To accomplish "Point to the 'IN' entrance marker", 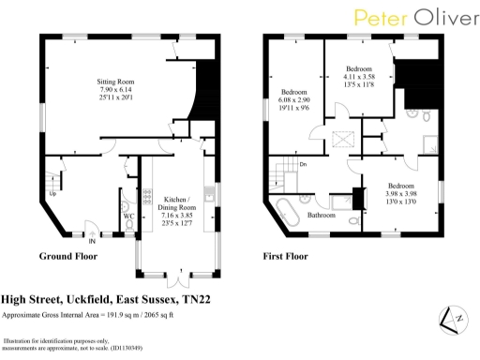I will pos(91,237).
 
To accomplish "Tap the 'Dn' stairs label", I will pos(303,164).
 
